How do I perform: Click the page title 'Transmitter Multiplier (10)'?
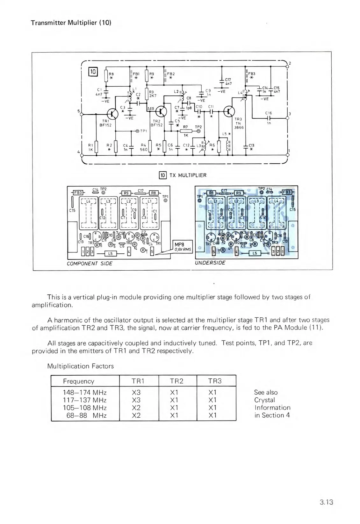click(x=71, y=23)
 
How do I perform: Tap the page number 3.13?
click(x=326, y=502)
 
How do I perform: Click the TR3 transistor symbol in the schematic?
click(x=229, y=111)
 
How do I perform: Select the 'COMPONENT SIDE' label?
click(x=90, y=264)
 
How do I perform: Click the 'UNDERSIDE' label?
click(x=210, y=263)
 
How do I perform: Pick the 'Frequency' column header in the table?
click(x=79, y=381)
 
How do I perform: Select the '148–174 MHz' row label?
click(x=85, y=393)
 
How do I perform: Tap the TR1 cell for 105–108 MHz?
click(x=136, y=408)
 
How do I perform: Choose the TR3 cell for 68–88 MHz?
click(x=212, y=415)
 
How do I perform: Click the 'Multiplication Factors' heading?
click(x=80, y=366)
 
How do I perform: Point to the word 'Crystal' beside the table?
click(x=264, y=400)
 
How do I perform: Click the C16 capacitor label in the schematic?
click(x=268, y=113)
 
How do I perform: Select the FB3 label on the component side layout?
click(x=78, y=193)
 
